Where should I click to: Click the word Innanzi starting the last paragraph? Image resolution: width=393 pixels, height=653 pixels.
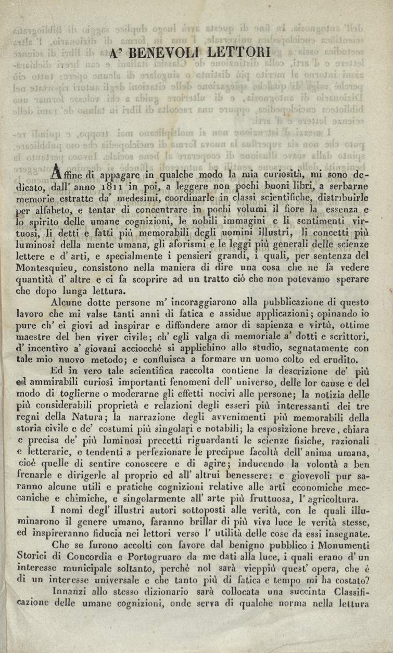point(71,592)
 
